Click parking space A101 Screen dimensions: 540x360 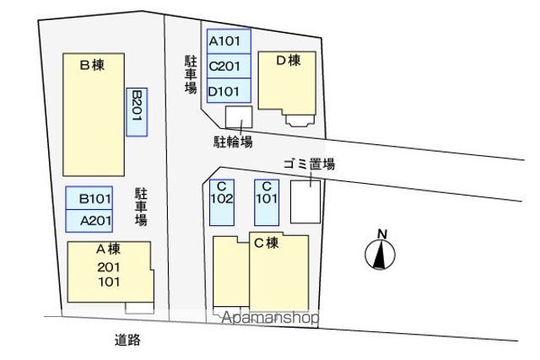(x=229, y=41)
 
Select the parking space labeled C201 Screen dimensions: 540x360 (x=229, y=66)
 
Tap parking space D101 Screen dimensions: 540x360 (x=229, y=90)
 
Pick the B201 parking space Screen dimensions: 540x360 (x=137, y=112)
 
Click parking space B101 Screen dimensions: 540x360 (x=89, y=198)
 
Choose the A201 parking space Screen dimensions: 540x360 (x=89, y=221)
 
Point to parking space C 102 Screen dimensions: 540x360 (x=222, y=202)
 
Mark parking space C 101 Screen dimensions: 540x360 (x=267, y=202)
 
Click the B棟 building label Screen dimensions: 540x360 (x=92, y=65)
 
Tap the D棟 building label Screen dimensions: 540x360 (x=289, y=61)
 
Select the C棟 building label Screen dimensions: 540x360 (x=267, y=243)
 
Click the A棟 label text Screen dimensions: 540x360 (x=109, y=249)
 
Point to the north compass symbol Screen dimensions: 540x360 (x=380, y=255)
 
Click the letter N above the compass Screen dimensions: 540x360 (x=382, y=234)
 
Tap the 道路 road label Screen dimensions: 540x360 (x=127, y=340)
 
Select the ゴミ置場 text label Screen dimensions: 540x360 (x=309, y=164)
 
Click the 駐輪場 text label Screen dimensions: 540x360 (x=233, y=142)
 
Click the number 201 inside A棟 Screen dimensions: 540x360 (x=109, y=267)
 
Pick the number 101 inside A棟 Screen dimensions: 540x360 (x=109, y=282)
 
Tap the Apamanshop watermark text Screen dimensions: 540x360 (x=270, y=318)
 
